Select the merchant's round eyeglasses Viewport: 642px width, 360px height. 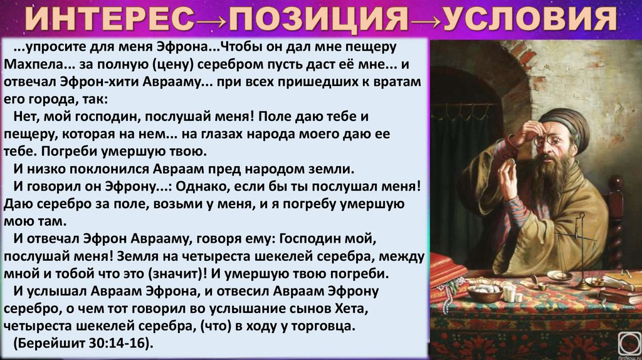coord(549,140)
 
